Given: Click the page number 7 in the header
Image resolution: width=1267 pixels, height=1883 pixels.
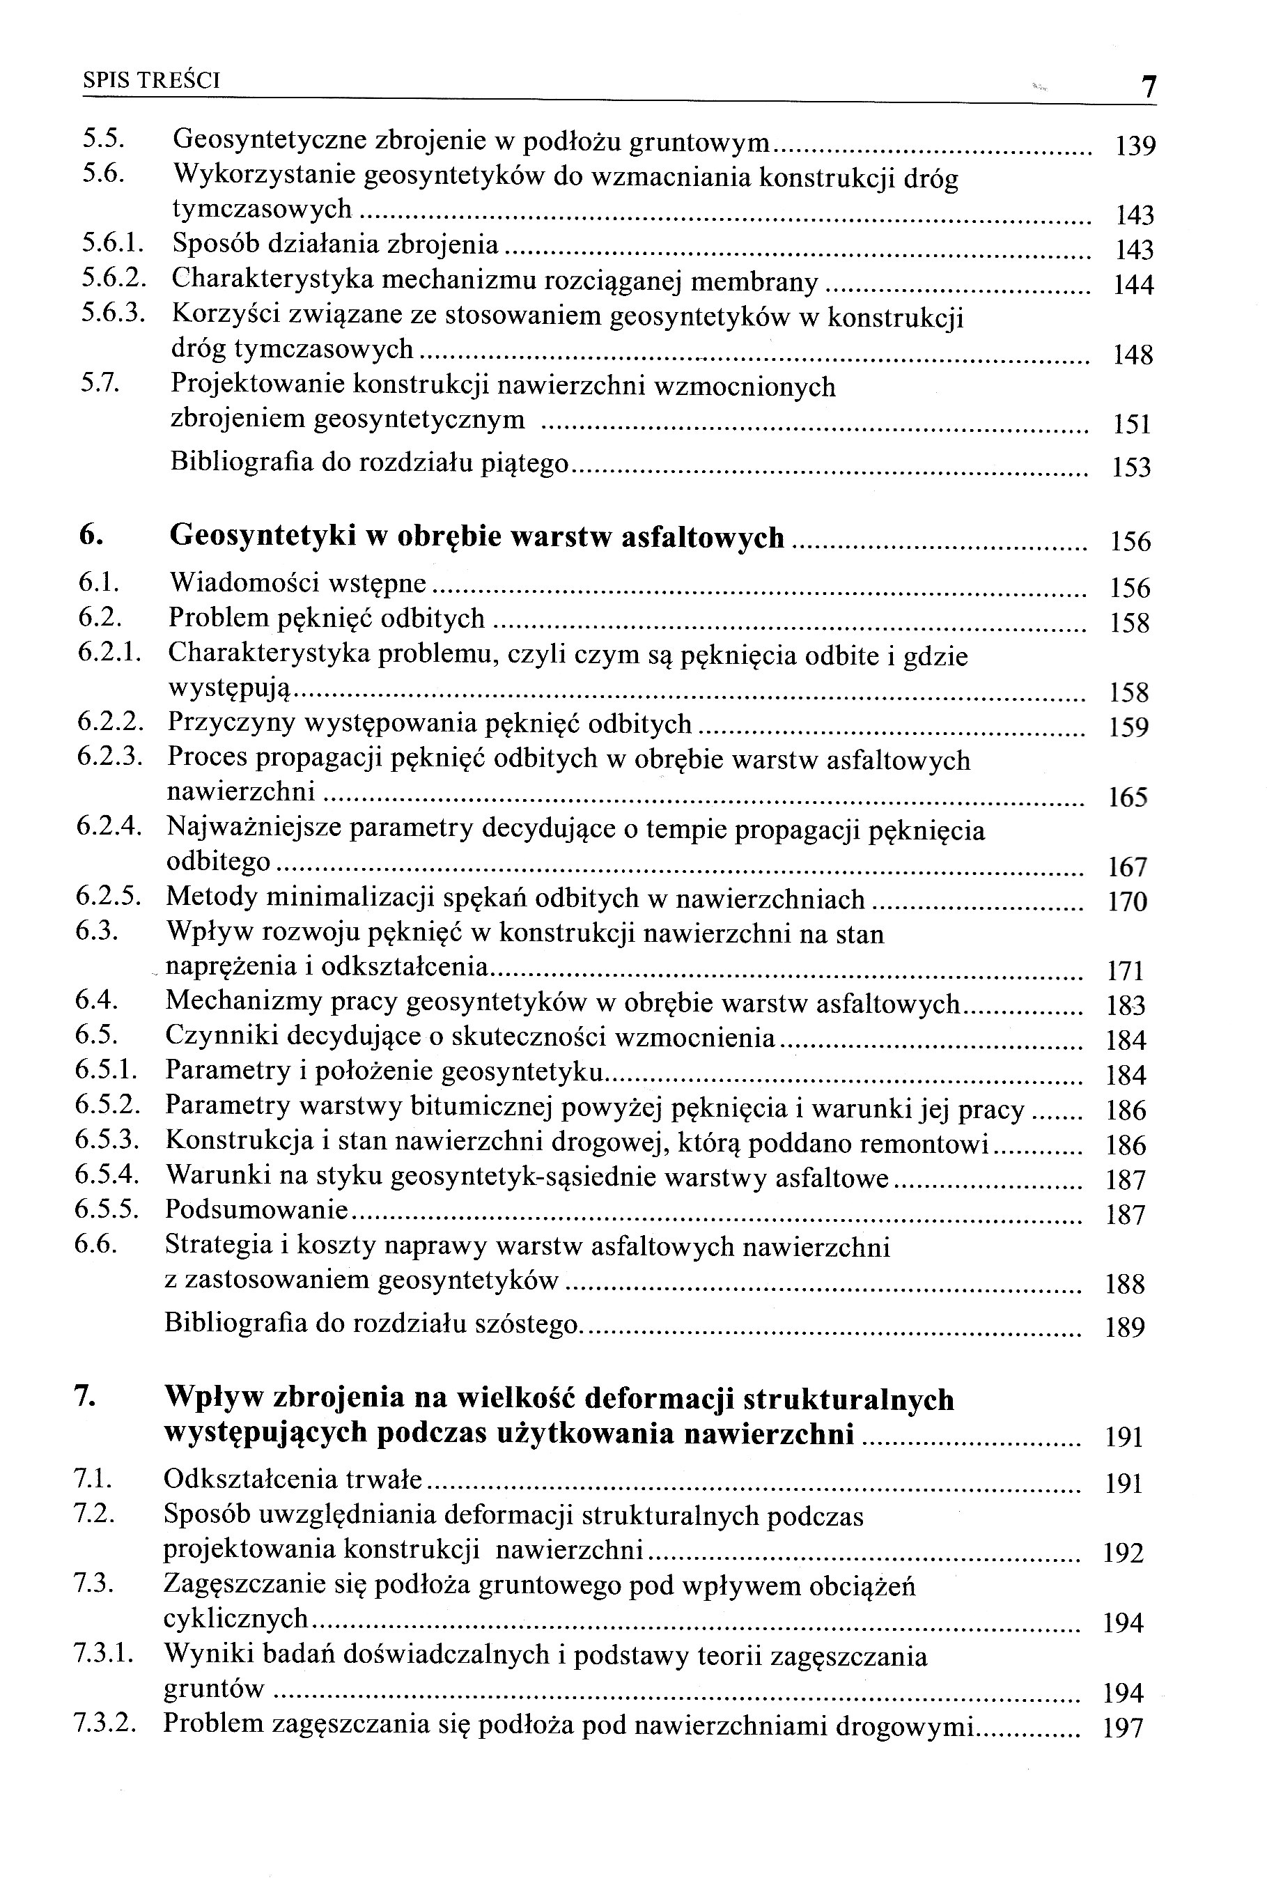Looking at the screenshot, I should pos(1147,86).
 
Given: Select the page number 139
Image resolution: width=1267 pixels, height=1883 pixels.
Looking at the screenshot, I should pos(1135,146).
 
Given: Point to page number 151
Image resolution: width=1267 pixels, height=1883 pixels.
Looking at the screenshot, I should pos(1131,425).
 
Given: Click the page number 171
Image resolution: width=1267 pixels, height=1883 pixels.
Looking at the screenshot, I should pos(1126,970).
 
